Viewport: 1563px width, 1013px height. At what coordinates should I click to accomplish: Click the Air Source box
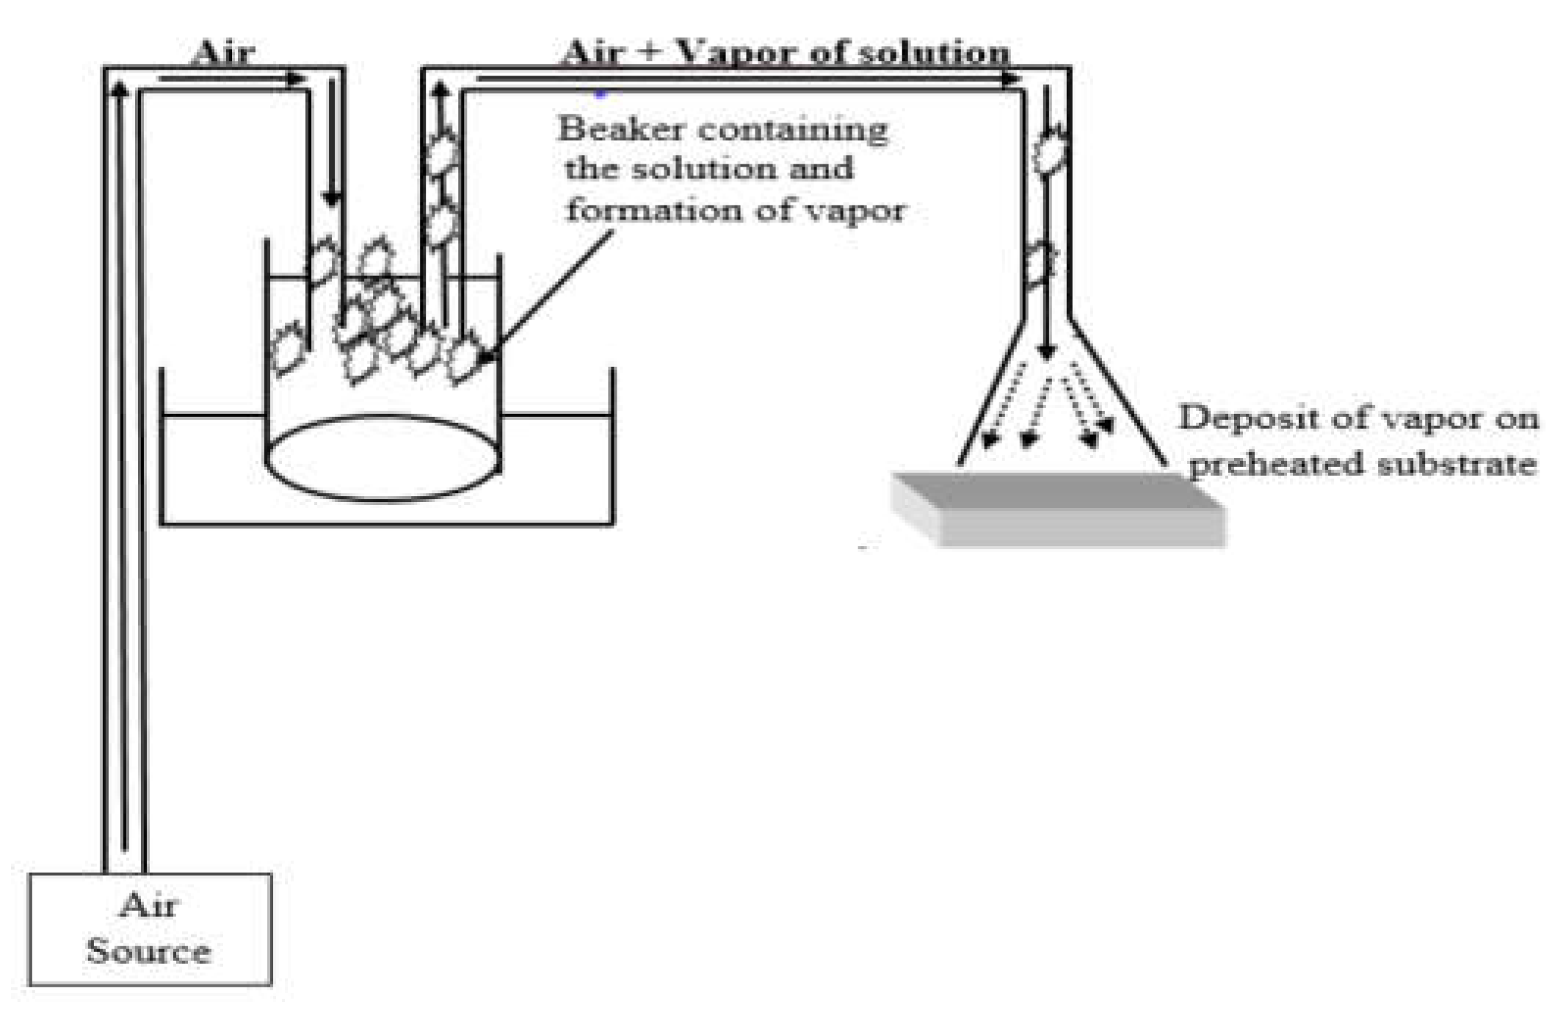click(150, 928)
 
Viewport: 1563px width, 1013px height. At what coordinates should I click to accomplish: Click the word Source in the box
click(148, 951)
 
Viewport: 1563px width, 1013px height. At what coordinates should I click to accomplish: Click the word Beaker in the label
click(621, 130)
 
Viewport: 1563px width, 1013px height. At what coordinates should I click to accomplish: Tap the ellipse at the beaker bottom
click(383, 458)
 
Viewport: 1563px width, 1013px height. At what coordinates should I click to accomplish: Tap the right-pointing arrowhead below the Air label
click(297, 79)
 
